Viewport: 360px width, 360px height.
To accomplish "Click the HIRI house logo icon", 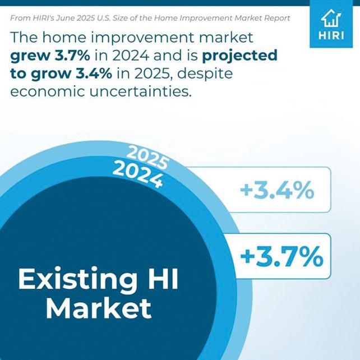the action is click(x=331, y=18).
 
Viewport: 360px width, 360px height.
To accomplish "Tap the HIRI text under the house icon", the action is click(x=331, y=36).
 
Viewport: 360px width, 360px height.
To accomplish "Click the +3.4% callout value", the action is click(x=277, y=190).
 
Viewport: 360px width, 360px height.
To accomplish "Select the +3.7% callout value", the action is click(x=281, y=256).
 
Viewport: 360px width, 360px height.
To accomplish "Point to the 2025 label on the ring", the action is click(x=147, y=157).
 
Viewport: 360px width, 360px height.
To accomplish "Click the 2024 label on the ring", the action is click(x=138, y=174).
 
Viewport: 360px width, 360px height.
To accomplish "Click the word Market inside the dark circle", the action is click(x=99, y=308).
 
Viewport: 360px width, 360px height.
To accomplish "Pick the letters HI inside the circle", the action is click(x=163, y=278).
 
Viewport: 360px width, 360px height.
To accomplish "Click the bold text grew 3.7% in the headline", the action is click(x=50, y=56).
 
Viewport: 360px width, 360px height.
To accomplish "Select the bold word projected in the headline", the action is click(x=239, y=56).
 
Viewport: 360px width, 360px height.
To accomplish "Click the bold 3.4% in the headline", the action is click(x=94, y=73).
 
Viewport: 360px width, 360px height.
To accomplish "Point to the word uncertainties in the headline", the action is click(x=140, y=91).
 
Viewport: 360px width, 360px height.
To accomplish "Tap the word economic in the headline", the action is click(x=48, y=91).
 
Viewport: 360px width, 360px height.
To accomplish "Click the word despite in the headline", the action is click(x=205, y=74).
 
